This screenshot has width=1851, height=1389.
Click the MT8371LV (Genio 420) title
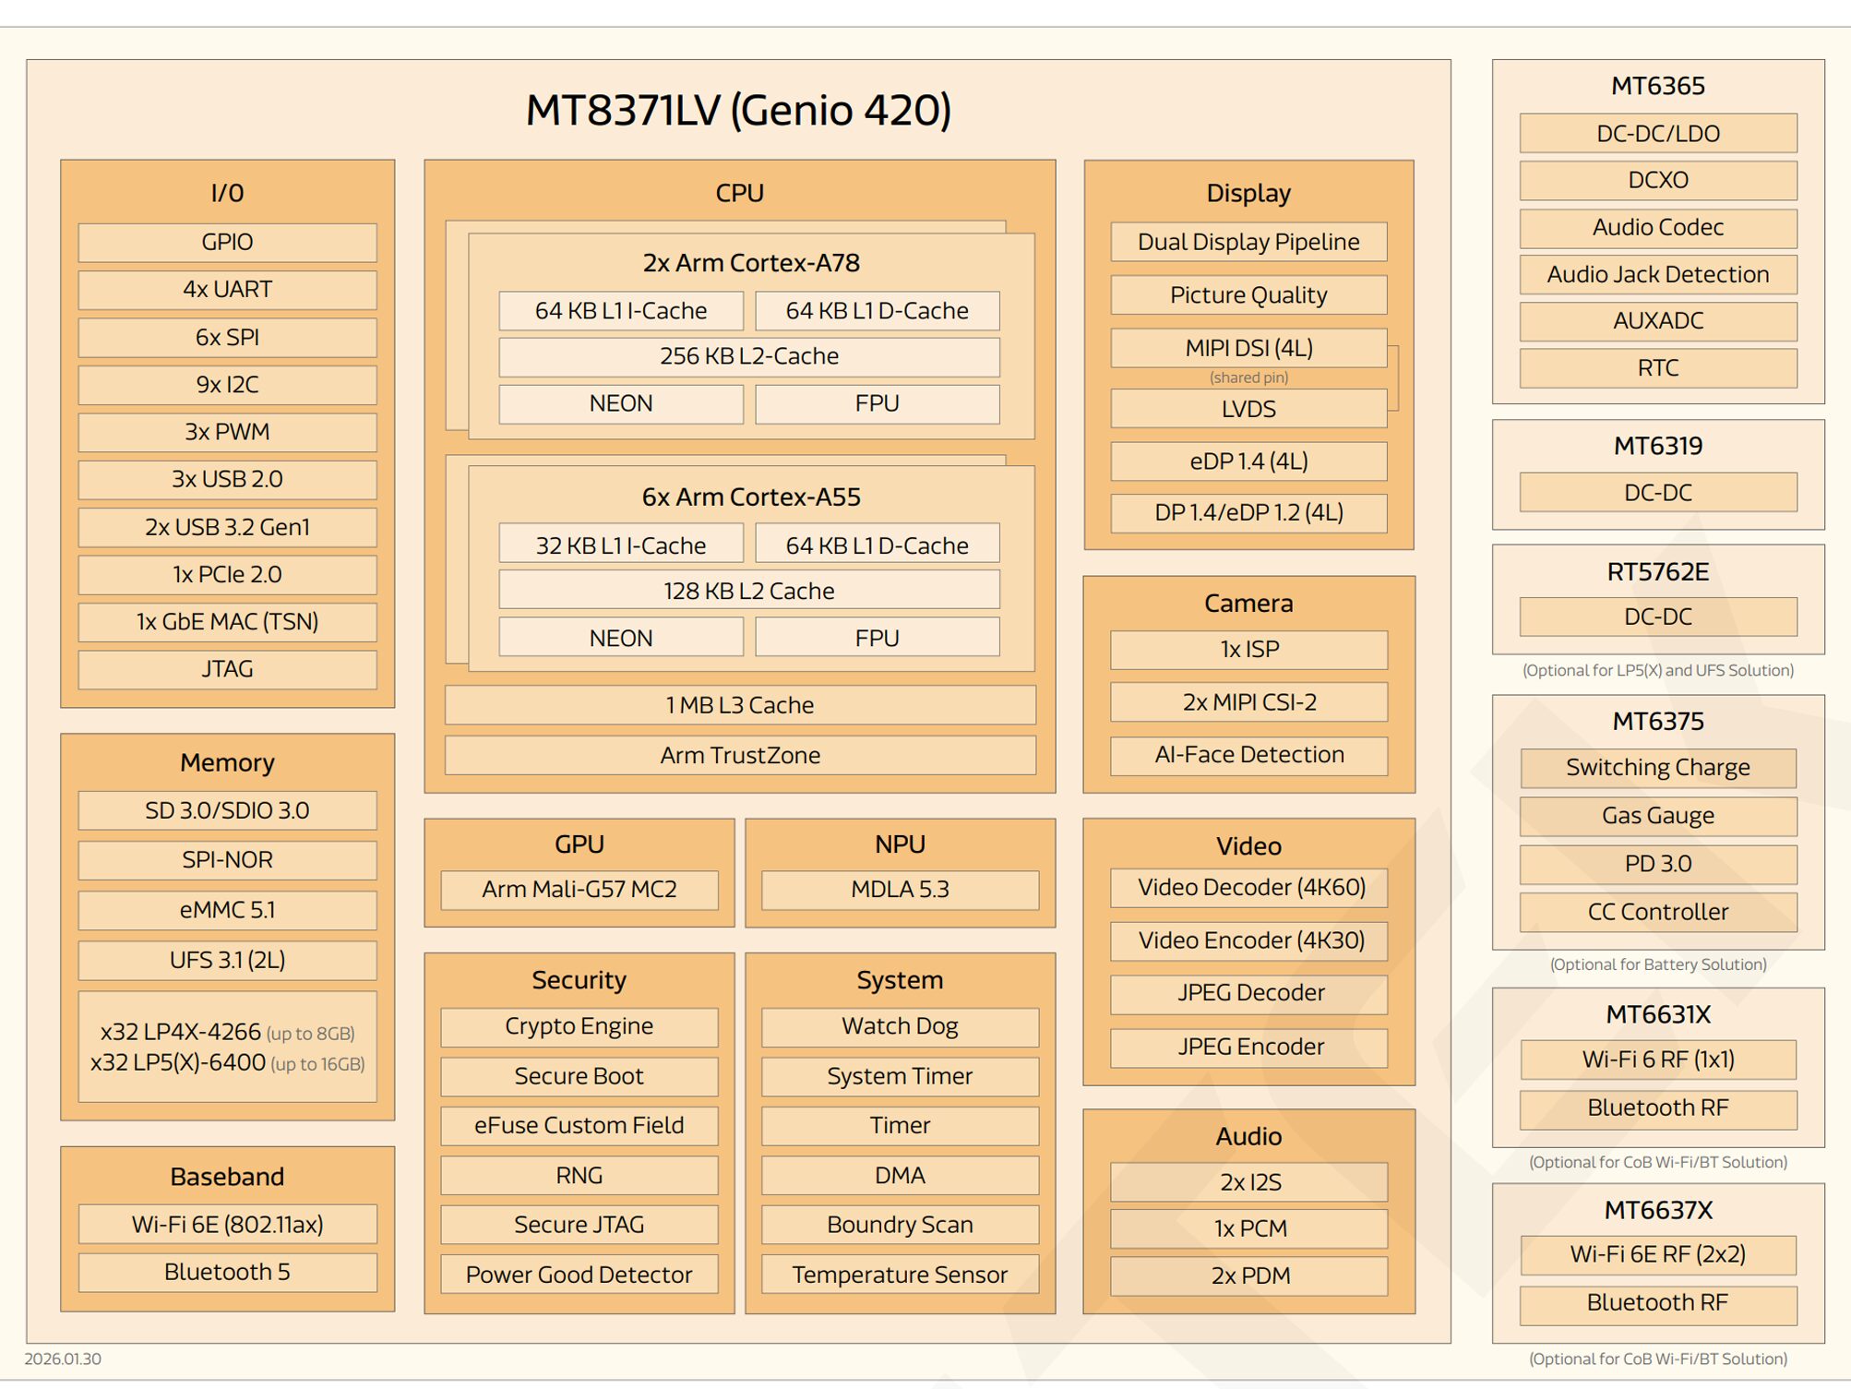(x=738, y=110)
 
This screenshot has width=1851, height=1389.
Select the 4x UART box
(x=227, y=290)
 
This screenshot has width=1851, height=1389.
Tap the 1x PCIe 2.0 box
(x=227, y=574)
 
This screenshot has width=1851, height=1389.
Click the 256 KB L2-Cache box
(x=748, y=356)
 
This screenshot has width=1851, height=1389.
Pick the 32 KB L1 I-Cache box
(x=620, y=545)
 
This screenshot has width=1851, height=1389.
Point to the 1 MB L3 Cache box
(x=739, y=705)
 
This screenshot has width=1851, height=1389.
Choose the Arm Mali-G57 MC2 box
(x=579, y=890)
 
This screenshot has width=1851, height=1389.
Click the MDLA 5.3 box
(x=900, y=890)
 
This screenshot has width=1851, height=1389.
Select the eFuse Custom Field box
(x=579, y=1125)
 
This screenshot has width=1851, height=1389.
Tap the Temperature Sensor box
(x=900, y=1275)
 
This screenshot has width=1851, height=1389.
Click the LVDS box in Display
(x=1248, y=409)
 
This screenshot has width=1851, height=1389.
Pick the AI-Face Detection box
(x=1248, y=755)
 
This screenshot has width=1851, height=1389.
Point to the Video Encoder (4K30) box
(x=1250, y=940)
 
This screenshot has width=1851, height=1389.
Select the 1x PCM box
(x=1250, y=1228)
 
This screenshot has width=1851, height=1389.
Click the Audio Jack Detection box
(x=1657, y=274)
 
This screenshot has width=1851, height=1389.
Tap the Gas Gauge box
(x=1657, y=816)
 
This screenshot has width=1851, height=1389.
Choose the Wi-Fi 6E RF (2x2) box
(x=1657, y=1254)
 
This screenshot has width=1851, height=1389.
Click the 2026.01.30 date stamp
(x=63, y=1359)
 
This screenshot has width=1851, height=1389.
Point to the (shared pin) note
(x=1248, y=377)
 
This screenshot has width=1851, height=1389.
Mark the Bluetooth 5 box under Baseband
(x=227, y=1272)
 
